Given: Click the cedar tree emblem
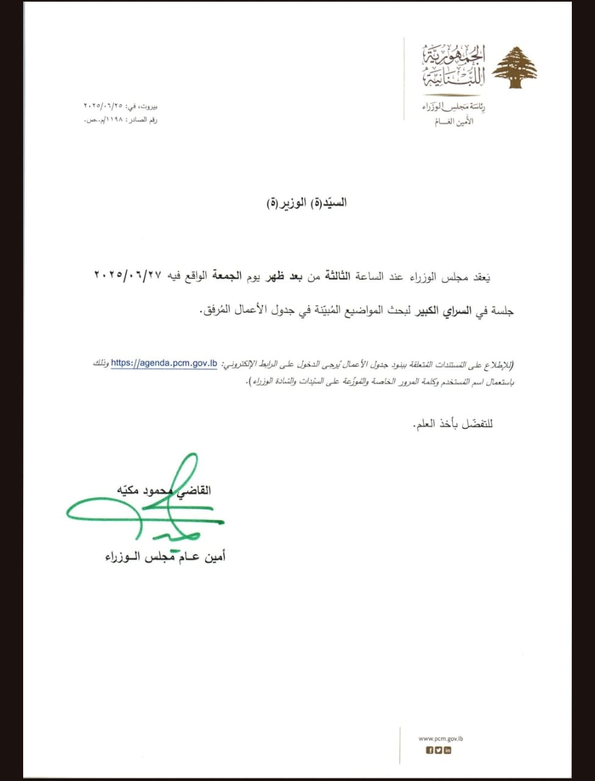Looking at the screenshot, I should pos(515,67).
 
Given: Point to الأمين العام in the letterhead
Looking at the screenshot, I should pos(454,121).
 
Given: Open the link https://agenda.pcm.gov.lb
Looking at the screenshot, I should pos(164,363).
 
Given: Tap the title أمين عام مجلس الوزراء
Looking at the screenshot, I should pos(165,556).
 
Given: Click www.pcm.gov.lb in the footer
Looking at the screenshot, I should pos(441,739).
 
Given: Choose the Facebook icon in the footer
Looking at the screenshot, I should pos(429,750).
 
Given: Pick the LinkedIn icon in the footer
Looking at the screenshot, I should pos(448,750).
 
